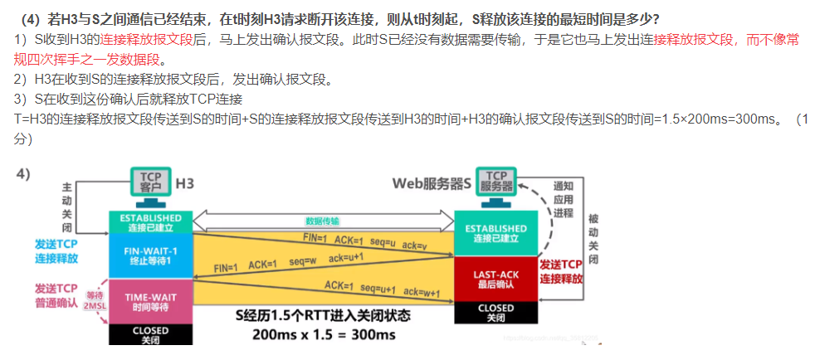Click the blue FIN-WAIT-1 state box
click(150, 255)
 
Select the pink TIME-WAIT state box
click(150, 300)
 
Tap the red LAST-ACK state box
click(495, 280)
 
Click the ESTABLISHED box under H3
click(150, 222)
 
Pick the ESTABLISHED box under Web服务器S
click(495, 233)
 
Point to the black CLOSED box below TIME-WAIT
click(150, 334)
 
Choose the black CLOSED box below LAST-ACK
click(495, 313)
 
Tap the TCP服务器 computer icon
click(495, 185)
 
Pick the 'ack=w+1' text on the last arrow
click(421, 292)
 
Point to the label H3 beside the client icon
click(185, 180)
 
